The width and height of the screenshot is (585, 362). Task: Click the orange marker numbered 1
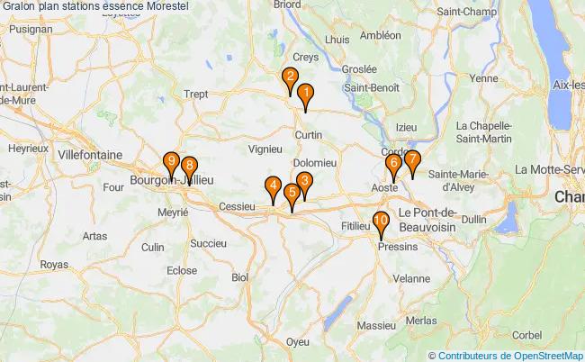(306, 95)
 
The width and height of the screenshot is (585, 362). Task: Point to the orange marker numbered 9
(171, 164)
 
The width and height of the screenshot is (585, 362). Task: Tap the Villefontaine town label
(89, 155)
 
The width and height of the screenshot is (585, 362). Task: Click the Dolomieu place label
(315, 162)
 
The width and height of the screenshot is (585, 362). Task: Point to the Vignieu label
(265, 148)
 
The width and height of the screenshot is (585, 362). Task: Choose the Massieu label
(375, 324)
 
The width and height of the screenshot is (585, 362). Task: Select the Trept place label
(195, 93)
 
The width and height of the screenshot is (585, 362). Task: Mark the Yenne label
(483, 79)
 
